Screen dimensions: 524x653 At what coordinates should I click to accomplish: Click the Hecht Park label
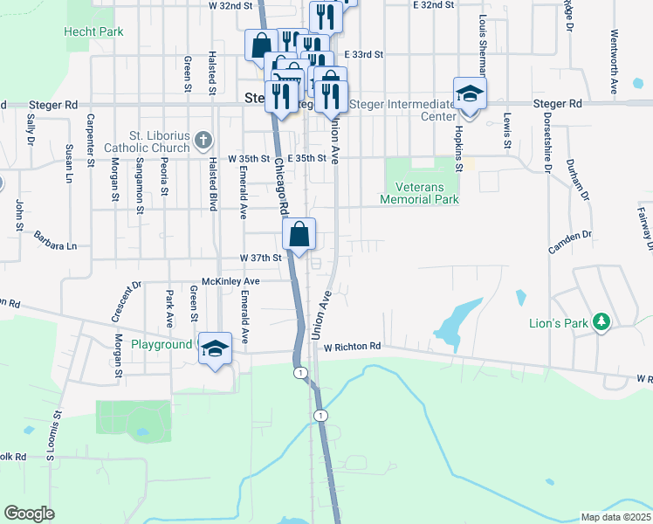pos(93,31)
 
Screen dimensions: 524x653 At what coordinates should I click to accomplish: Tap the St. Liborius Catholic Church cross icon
pos(203,140)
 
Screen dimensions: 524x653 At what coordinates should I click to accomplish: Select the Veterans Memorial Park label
pos(420,193)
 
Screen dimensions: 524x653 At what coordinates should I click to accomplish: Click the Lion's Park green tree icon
pos(601,323)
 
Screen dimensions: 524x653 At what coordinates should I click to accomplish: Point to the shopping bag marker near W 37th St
pos(299,235)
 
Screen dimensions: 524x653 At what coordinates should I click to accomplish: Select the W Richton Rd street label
pos(353,347)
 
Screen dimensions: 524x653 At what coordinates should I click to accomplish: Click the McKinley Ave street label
pos(231,281)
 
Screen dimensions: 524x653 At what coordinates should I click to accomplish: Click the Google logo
pos(29,514)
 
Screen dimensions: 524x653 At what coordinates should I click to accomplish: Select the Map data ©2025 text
pos(615,517)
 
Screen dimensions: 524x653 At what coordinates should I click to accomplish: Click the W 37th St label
pos(261,258)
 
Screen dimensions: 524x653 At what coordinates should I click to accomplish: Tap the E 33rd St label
pos(364,54)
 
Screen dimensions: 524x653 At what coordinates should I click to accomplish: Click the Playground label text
pos(162,344)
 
